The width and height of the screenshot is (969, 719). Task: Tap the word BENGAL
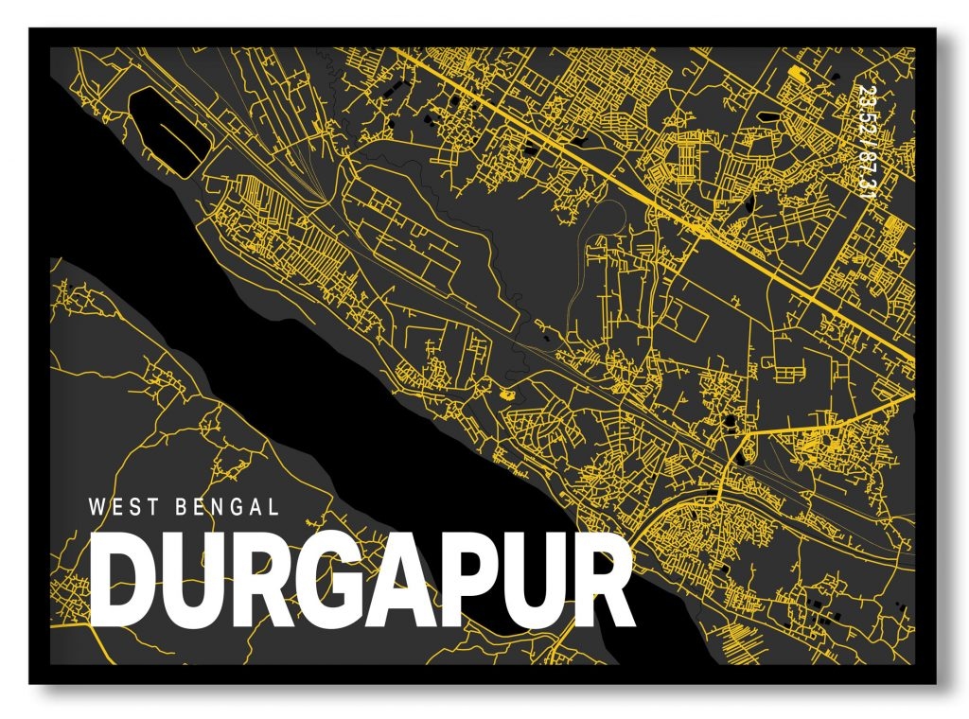[x=227, y=507]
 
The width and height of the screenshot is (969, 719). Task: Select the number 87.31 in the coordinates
[x=865, y=175]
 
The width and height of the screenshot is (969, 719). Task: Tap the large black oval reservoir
[x=166, y=128]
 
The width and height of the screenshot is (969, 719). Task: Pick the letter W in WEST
[x=96, y=507]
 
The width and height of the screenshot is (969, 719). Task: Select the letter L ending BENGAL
[x=273, y=507]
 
